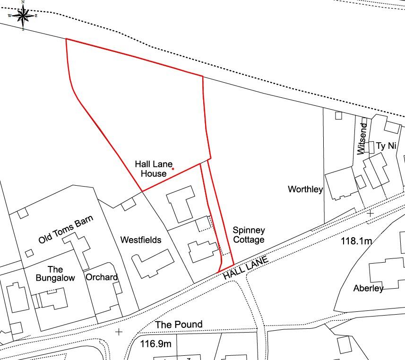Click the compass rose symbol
click(x=23, y=16)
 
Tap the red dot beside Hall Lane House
click(x=173, y=169)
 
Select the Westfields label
click(x=141, y=240)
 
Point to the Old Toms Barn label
click(x=66, y=230)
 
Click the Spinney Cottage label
click(x=249, y=235)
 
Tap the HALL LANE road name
click(x=246, y=268)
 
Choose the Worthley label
click(x=305, y=189)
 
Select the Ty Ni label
click(x=385, y=146)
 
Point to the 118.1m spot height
click(x=356, y=241)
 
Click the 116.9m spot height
click(x=156, y=344)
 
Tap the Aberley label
click(x=369, y=288)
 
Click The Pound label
click(x=179, y=325)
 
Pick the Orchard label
click(x=102, y=277)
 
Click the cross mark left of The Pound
click(x=119, y=332)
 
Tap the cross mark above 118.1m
click(x=370, y=214)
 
